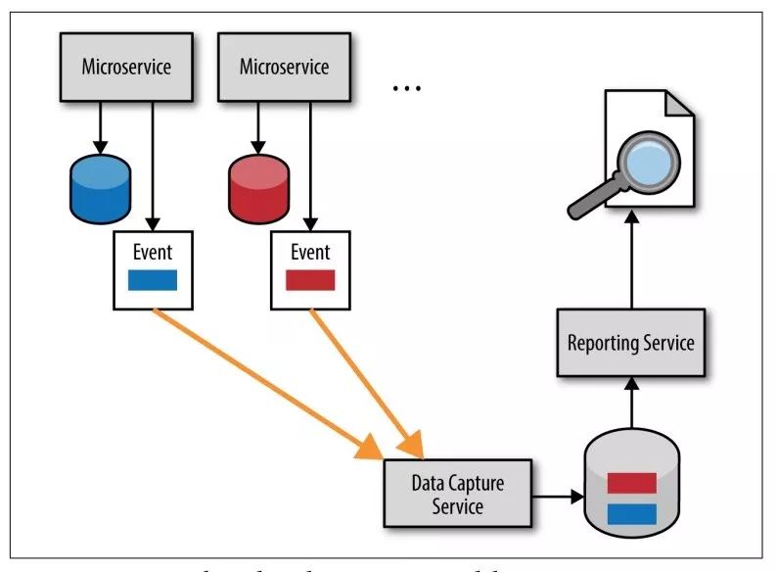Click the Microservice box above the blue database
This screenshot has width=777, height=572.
(125, 68)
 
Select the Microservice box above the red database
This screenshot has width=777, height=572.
(284, 68)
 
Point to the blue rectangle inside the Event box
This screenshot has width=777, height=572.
(154, 281)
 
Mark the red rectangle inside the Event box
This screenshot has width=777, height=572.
(310, 281)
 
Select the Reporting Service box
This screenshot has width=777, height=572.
(630, 343)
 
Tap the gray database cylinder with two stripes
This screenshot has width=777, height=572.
(631, 494)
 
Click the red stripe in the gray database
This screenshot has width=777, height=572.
(631, 482)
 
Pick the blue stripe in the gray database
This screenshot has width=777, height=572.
(631, 512)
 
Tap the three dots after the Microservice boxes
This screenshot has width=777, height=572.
(405, 88)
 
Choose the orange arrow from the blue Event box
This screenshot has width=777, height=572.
(264, 383)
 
